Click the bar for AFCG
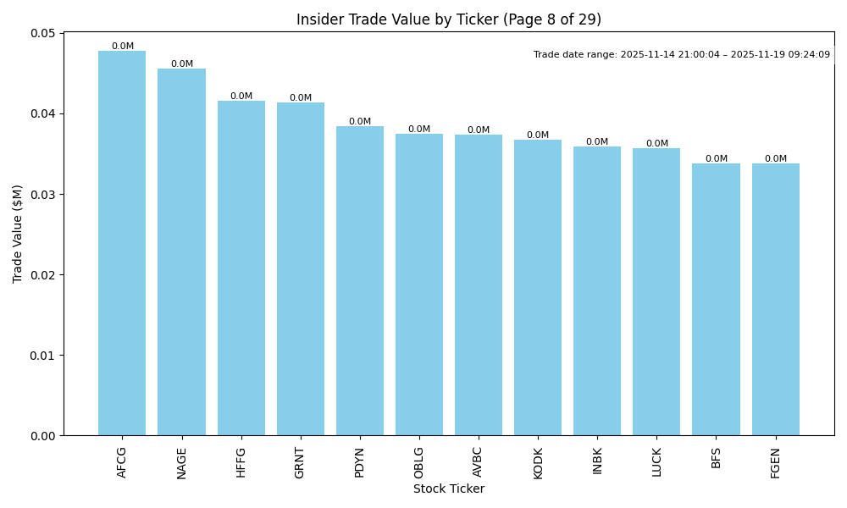click(x=122, y=243)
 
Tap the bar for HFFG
click(x=241, y=268)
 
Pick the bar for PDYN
click(x=360, y=281)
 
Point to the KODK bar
click(x=538, y=288)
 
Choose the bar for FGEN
click(x=775, y=300)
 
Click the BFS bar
click(x=716, y=300)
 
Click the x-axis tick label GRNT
click(x=300, y=462)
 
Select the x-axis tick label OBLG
click(x=419, y=462)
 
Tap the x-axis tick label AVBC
click(x=479, y=462)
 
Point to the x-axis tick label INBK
click(x=597, y=462)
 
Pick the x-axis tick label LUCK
click(x=656, y=462)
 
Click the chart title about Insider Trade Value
click(x=449, y=19)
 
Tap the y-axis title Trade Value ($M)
click(x=18, y=234)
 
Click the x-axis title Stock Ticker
click(x=449, y=489)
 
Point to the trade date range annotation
click(x=682, y=54)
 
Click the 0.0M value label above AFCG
click(x=122, y=47)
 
